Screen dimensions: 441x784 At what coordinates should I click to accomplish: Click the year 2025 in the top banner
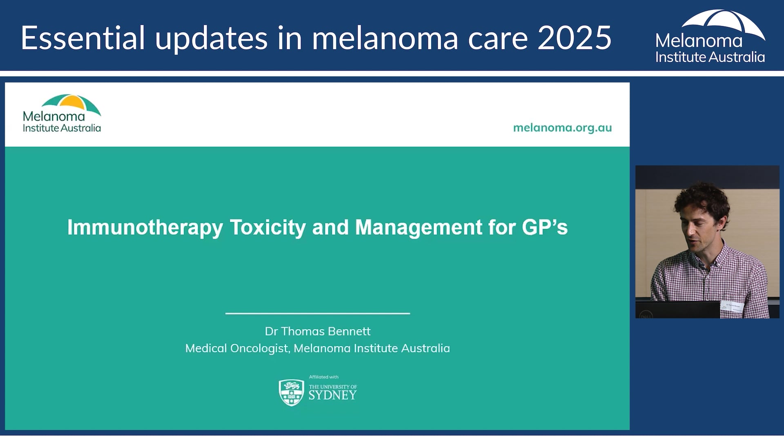[x=574, y=38]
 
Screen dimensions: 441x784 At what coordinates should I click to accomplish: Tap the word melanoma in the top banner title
[x=385, y=38]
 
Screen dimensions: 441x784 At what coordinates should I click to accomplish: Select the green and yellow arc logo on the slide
[x=71, y=103]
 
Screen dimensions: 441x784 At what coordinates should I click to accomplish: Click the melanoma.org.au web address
[x=562, y=128]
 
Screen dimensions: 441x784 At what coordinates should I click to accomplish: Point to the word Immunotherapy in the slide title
[x=145, y=227]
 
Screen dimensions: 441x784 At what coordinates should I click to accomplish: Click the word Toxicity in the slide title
[x=267, y=227]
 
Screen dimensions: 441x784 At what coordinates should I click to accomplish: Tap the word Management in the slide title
[x=419, y=227]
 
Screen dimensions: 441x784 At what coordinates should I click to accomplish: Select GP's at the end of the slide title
[x=545, y=227]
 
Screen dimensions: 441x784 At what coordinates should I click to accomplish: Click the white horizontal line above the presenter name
[x=317, y=313]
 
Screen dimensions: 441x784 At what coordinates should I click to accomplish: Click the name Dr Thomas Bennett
[x=317, y=331]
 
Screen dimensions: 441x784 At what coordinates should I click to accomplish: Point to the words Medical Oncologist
[x=237, y=348]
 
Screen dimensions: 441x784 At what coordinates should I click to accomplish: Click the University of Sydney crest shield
[x=291, y=392]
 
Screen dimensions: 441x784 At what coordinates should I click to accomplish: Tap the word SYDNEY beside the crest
[x=332, y=395]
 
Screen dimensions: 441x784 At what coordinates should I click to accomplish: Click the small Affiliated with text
[x=323, y=377]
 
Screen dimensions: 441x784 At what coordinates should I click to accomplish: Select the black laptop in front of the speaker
[x=678, y=310]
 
